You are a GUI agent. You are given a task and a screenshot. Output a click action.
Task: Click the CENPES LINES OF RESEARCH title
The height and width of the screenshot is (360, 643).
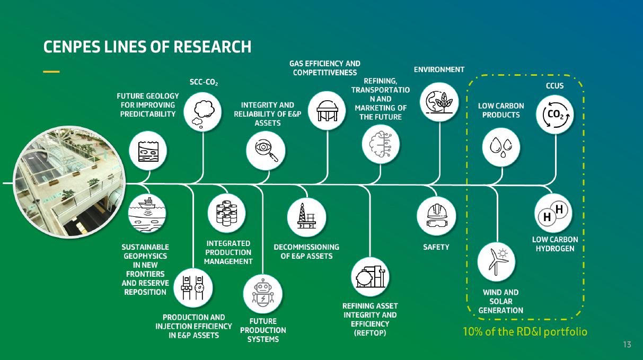tap(147, 47)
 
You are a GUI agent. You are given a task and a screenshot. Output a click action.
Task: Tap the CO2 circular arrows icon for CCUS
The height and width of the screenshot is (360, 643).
tap(555, 114)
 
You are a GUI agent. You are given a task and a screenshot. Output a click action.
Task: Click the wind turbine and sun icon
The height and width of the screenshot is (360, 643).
tap(497, 261)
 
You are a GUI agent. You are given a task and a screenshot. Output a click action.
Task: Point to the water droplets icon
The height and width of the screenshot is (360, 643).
tap(501, 145)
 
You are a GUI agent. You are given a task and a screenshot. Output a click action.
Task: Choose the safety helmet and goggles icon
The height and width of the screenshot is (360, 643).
tap(436, 216)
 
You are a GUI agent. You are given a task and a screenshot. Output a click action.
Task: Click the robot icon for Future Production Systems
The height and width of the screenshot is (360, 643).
tap(262, 294)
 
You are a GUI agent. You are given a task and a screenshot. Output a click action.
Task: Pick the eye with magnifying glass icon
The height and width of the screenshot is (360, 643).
tap(266, 150)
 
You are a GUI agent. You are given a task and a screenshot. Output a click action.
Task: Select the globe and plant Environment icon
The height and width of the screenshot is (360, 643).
tap(439, 102)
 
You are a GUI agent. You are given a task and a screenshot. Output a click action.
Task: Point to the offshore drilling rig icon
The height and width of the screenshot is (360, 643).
tap(306, 216)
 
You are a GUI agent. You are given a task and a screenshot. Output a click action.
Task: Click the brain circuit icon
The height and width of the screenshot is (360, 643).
tap(381, 143)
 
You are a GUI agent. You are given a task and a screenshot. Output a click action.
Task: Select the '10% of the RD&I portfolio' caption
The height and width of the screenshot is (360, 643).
tap(525, 332)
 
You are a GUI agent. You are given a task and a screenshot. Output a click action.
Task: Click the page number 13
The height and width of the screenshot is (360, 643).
tap(627, 345)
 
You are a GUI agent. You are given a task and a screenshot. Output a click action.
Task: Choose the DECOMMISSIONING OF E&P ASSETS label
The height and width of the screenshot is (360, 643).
tap(306, 251)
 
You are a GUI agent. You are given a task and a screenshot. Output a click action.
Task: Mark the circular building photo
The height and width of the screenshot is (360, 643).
tap(69, 183)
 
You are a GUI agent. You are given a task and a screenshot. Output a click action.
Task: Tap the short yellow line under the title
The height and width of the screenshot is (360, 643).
tap(51, 71)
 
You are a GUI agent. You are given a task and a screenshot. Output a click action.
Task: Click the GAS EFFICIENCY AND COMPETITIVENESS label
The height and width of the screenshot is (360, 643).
tap(325, 68)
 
